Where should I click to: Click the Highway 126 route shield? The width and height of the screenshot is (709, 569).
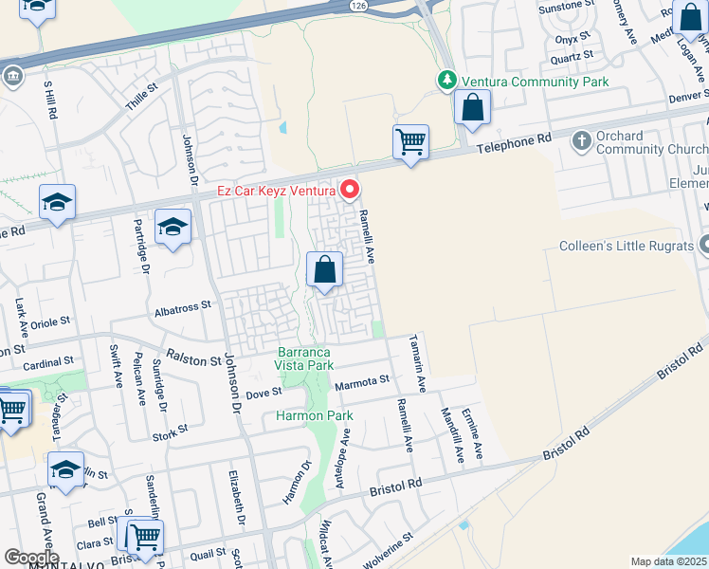pyautogui.click(x=356, y=6)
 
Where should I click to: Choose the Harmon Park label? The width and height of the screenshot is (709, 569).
pyautogui.click(x=314, y=416)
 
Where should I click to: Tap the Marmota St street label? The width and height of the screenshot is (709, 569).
pyautogui.click(x=363, y=380)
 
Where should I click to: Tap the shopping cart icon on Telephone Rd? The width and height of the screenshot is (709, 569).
pyautogui.click(x=410, y=143)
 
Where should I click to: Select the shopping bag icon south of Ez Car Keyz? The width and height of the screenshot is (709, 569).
pyautogui.click(x=325, y=271)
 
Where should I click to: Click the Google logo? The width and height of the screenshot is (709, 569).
pyautogui.click(x=31, y=558)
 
